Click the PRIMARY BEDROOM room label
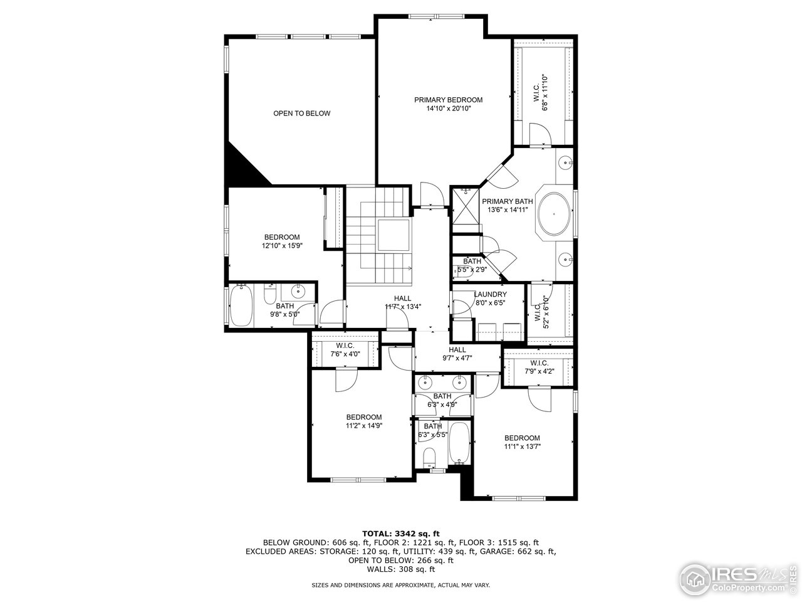(448, 100)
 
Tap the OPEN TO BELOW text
(301, 114)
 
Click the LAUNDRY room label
(490, 294)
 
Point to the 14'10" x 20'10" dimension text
(448, 108)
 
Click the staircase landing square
(392, 235)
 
